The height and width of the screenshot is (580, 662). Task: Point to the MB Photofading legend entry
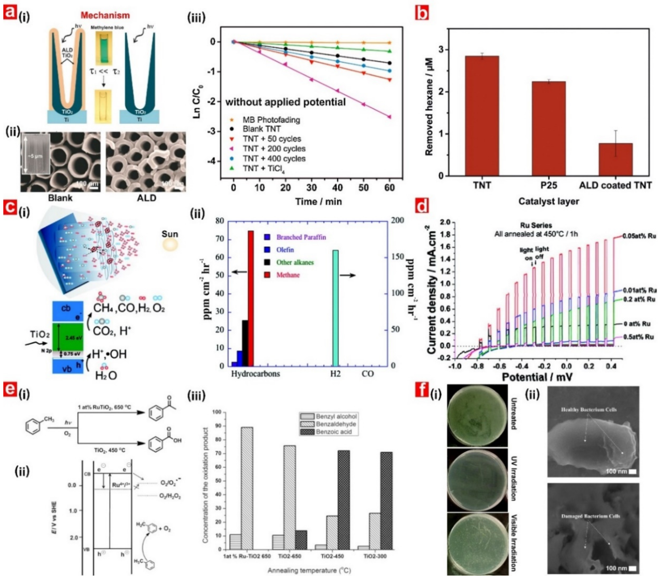tap(271, 120)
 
